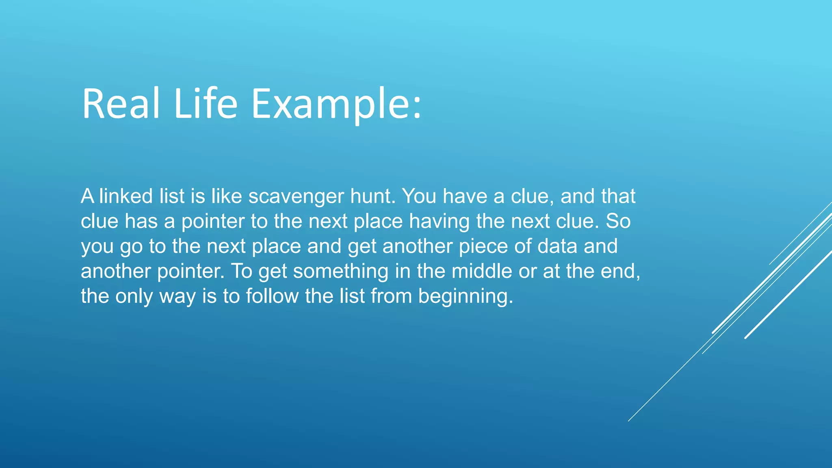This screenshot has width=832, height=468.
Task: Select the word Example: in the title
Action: point(336,104)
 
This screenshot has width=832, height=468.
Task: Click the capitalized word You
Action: point(419,196)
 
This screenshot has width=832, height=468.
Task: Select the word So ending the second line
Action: point(618,221)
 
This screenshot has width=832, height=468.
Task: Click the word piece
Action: point(483,247)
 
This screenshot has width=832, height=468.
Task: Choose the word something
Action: point(340,271)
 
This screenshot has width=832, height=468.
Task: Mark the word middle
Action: point(481,271)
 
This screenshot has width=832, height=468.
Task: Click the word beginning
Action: point(466,297)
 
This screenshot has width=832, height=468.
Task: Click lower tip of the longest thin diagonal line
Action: point(629,420)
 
